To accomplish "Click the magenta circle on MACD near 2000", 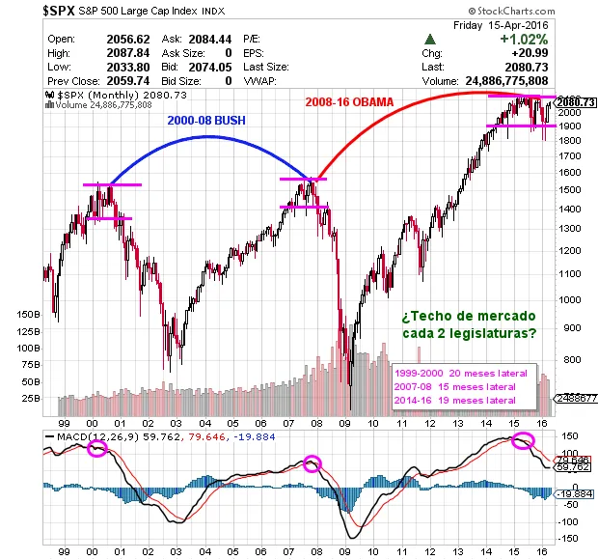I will click(97, 449).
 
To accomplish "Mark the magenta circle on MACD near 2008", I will click(312, 464).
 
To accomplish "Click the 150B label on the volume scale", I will click(28, 315).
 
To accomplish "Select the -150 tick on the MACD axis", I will click(569, 538).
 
